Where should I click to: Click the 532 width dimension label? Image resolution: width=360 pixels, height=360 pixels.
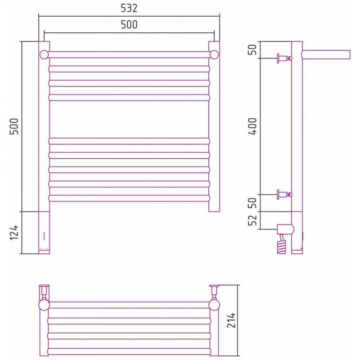point(129,8)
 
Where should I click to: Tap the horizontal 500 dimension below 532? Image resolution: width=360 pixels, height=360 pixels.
point(129,25)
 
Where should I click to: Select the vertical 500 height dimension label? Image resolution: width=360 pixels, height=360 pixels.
point(14,126)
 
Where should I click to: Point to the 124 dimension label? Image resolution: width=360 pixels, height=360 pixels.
point(14,233)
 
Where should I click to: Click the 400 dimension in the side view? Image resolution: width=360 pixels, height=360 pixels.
point(253,126)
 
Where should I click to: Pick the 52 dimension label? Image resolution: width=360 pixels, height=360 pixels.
point(253,220)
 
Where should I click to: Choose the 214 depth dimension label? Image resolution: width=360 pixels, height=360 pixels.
point(231,320)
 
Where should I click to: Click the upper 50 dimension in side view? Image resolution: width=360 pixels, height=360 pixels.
point(253,49)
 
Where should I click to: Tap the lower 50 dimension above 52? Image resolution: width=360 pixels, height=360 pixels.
point(253,203)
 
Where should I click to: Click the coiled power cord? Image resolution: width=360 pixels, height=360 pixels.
point(282,244)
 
